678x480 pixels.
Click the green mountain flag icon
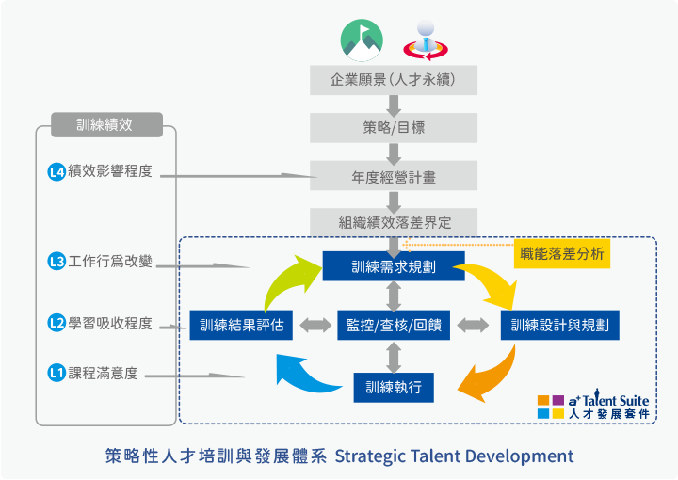(362, 39)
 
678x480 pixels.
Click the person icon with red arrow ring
(424, 39)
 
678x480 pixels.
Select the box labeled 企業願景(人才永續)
(394, 80)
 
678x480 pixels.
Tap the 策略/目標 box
(394, 128)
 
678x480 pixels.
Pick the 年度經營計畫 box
(394, 176)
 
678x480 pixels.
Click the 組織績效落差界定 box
(394, 223)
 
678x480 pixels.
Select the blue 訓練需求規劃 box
(394, 265)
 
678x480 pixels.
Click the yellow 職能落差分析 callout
(562, 253)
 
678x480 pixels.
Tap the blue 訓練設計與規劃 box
(559, 325)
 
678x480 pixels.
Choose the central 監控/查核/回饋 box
(394, 325)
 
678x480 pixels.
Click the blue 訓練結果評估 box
(242, 325)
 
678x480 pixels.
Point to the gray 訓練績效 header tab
(105, 124)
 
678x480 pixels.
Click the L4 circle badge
(56, 172)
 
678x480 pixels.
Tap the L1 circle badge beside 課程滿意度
(56, 374)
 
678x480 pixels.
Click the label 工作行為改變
(110, 262)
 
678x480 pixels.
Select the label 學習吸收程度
(110, 324)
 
